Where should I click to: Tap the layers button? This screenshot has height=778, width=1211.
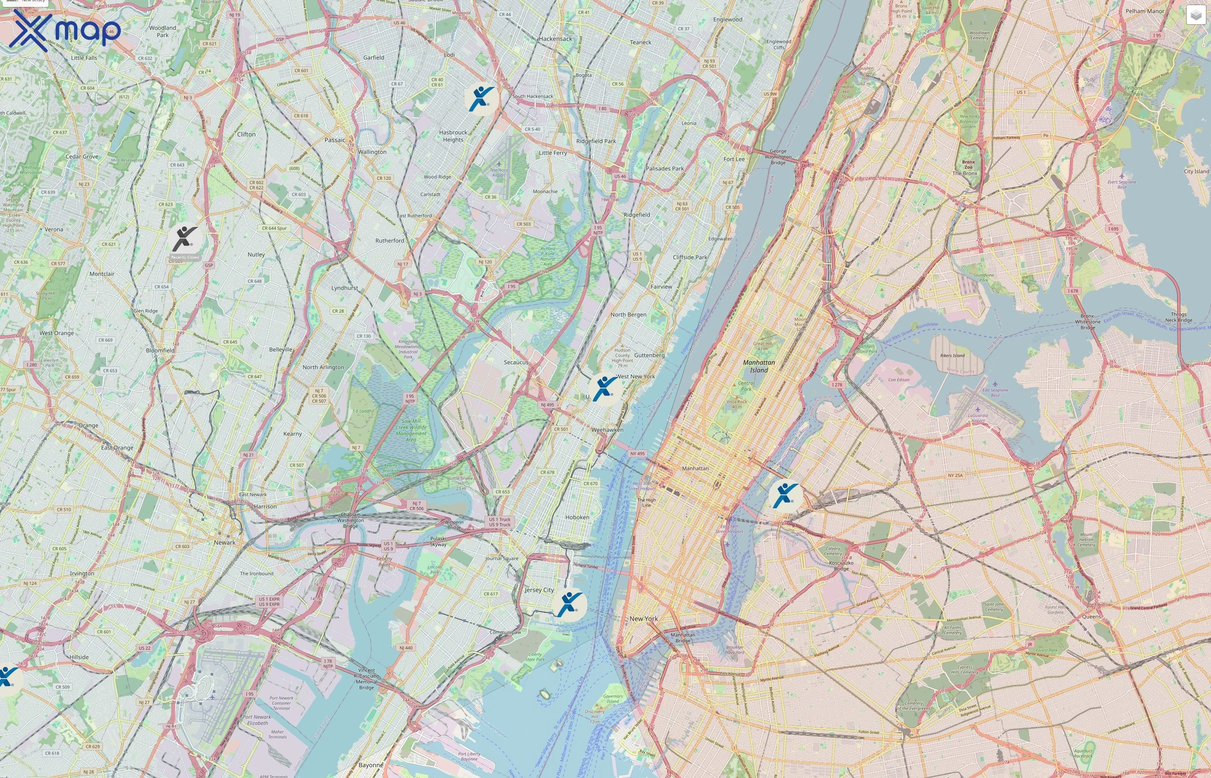[x=1195, y=15]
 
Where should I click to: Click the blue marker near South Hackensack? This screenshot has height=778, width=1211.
[x=480, y=98]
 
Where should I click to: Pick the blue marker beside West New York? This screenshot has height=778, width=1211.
[x=604, y=389]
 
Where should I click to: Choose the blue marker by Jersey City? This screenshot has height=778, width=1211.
[x=569, y=604]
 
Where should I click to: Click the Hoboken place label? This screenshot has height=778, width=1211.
[x=577, y=517]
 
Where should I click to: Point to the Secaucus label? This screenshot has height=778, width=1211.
[x=516, y=362]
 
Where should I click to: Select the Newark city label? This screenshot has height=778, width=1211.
[x=224, y=542]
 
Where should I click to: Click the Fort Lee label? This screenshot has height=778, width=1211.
[x=734, y=159]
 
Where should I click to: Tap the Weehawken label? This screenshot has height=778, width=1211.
[x=607, y=430]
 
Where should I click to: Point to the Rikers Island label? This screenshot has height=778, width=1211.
[x=952, y=356]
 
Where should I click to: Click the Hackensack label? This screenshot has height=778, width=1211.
[x=555, y=39]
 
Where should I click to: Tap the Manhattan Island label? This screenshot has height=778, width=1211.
[x=759, y=366]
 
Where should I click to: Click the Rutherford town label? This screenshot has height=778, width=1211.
[x=390, y=240]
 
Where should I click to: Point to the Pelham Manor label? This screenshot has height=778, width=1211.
[x=1144, y=11]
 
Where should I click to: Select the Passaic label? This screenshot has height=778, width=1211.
[x=335, y=140]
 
